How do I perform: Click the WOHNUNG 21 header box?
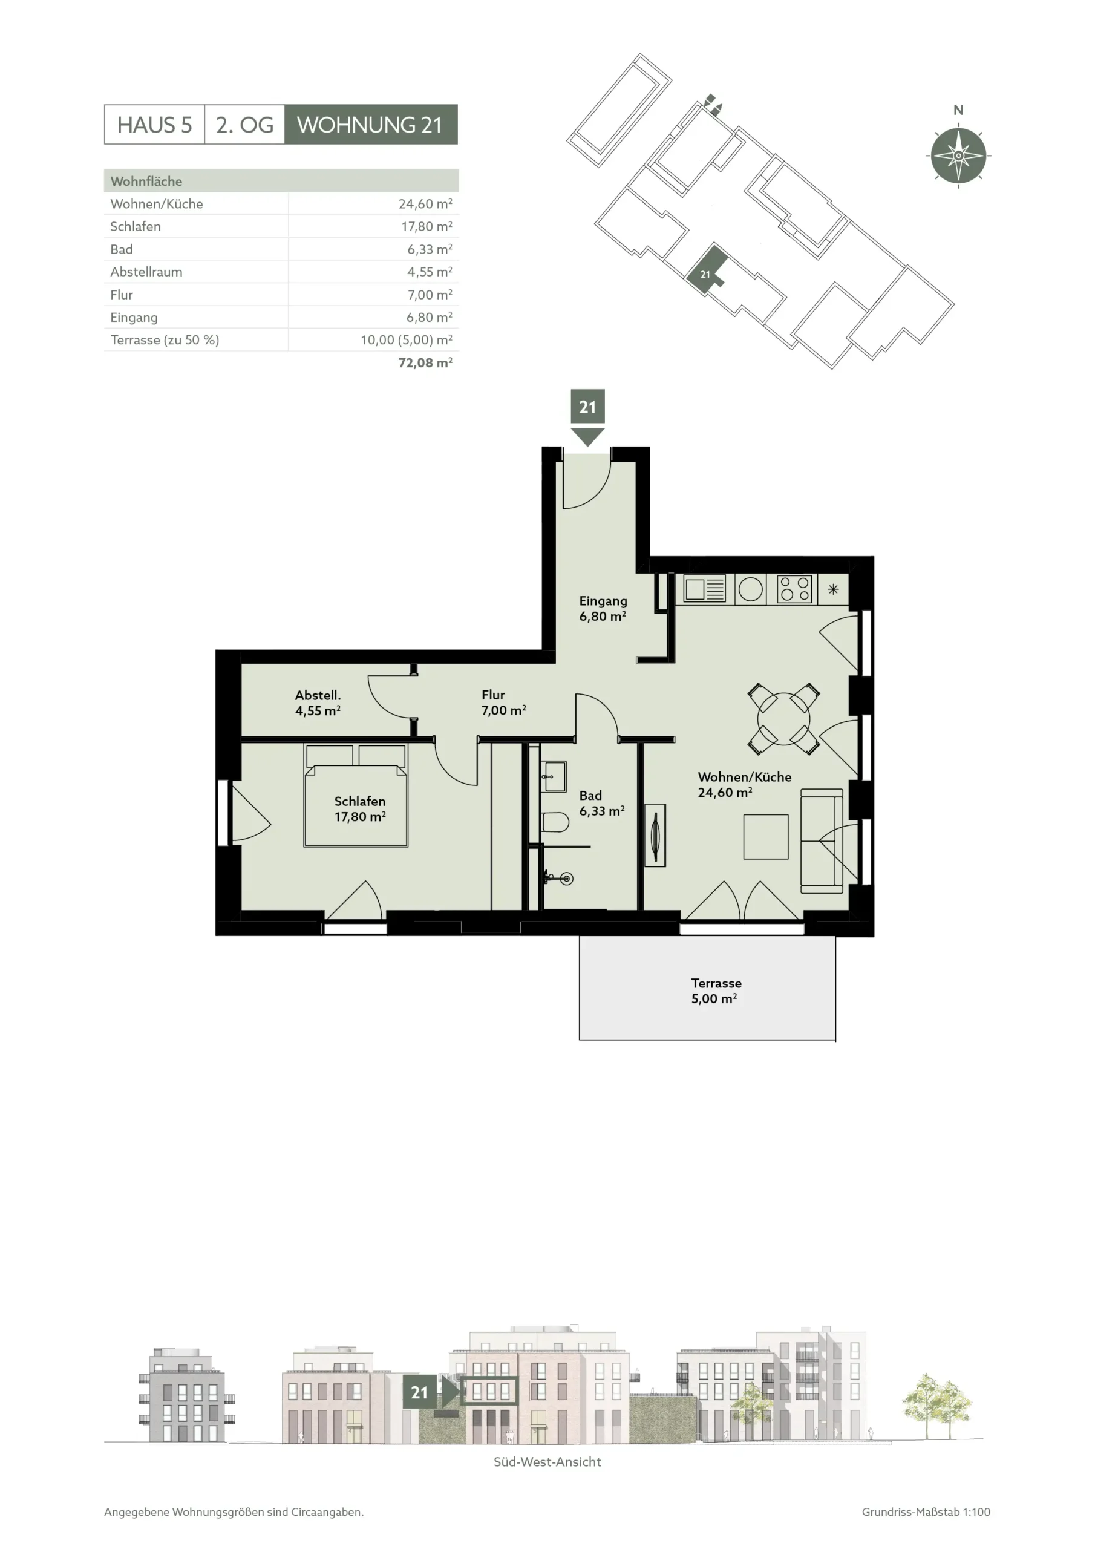[x=370, y=124]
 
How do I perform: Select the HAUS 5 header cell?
[x=154, y=124]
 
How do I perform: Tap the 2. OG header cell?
[x=244, y=124]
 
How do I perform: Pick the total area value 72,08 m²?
[x=425, y=362]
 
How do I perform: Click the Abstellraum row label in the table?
[x=146, y=272]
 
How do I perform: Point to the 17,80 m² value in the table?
[x=427, y=226]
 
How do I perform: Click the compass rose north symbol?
[x=958, y=155]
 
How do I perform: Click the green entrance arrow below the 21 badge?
[x=587, y=436]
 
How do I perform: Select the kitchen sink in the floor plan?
[x=704, y=589]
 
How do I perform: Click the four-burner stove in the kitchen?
[x=794, y=589]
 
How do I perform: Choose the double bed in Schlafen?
[x=356, y=796]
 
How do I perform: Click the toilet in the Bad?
[x=555, y=822]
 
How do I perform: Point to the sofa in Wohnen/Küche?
[x=822, y=840]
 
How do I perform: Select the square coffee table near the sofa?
[x=766, y=837]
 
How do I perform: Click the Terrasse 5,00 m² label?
[x=716, y=991]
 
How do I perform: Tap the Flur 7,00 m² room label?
[x=503, y=702]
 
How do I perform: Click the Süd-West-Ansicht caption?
[x=547, y=1462]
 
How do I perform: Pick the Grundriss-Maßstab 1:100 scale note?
[x=926, y=1512]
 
